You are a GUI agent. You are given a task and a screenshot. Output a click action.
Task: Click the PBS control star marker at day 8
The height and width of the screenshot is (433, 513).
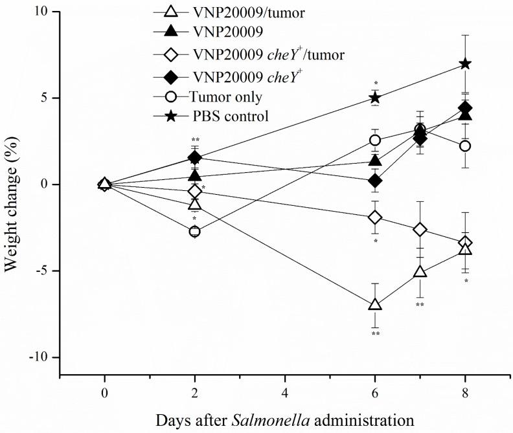click(464, 63)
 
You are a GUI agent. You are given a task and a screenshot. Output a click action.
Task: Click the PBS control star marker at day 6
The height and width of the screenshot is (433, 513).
click(374, 98)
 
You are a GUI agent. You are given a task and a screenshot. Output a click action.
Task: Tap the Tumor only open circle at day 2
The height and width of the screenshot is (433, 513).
click(194, 231)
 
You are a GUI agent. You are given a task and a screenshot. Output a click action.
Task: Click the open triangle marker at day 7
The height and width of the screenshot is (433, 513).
click(420, 272)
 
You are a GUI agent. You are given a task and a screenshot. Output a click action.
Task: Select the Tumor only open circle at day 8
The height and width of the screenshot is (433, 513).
click(464, 146)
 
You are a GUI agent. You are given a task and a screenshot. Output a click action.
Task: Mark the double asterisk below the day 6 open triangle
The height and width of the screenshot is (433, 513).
click(374, 335)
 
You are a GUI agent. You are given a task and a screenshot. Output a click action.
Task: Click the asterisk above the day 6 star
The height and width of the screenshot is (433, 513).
click(376, 83)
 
